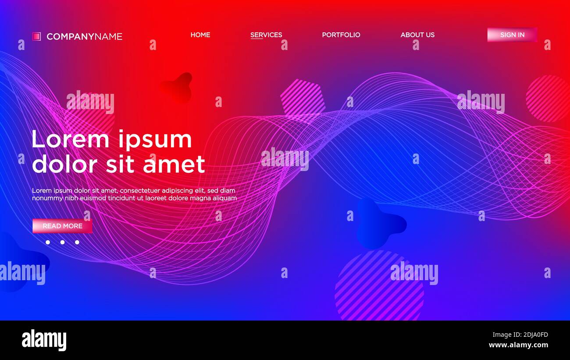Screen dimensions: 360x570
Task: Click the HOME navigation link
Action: (200, 35)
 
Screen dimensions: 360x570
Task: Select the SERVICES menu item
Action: (266, 35)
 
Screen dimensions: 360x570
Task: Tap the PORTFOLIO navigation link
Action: (341, 35)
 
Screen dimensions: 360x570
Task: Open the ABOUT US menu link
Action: (417, 35)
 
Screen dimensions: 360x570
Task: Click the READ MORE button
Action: (62, 226)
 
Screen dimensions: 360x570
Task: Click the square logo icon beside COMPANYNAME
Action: (36, 36)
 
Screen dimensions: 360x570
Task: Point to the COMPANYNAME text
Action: (84, 36)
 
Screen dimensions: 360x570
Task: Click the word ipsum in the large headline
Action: (155, 140)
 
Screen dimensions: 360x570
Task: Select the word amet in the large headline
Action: (174, 164)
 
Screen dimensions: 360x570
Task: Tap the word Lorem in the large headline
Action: (70, 140)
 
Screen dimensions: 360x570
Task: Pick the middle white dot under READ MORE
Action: (62, 242)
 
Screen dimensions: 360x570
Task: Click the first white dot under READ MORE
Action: (48, 242)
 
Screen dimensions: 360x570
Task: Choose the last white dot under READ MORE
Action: (77, 242)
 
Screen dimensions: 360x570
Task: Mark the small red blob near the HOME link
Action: (178, 87)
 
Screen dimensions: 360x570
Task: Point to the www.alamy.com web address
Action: (519, 345)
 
